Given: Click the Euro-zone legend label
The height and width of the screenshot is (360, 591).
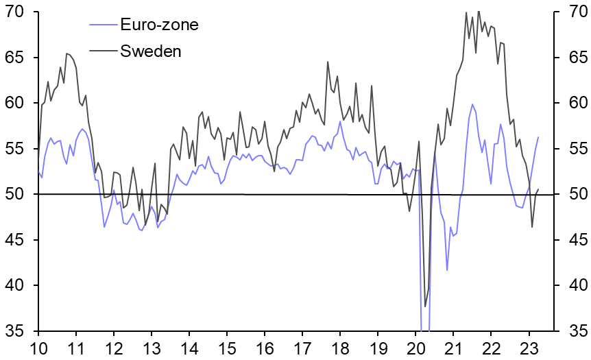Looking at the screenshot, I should tap(159, 25).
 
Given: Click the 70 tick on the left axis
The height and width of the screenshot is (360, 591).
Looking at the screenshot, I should tap(15, 12).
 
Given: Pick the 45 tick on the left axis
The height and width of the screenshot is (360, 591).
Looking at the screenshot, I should tap(15, 240).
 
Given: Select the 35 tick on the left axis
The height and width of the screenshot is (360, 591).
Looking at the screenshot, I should tap(15, 331).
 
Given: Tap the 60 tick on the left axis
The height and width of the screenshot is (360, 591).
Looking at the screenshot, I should tap(15, 104).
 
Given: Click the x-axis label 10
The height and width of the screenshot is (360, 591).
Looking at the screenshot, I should tap(38, 348).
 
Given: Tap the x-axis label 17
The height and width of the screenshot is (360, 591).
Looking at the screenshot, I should tap(302, 348).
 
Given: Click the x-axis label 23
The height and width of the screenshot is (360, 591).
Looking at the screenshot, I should tap(529, 348).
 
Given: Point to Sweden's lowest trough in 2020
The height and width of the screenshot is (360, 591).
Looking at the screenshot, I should tap(425, 307).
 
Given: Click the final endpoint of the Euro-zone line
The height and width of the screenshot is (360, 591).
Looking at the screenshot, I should tap(538, 137).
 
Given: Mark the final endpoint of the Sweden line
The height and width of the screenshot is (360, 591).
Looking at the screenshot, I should tap(538, 189).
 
